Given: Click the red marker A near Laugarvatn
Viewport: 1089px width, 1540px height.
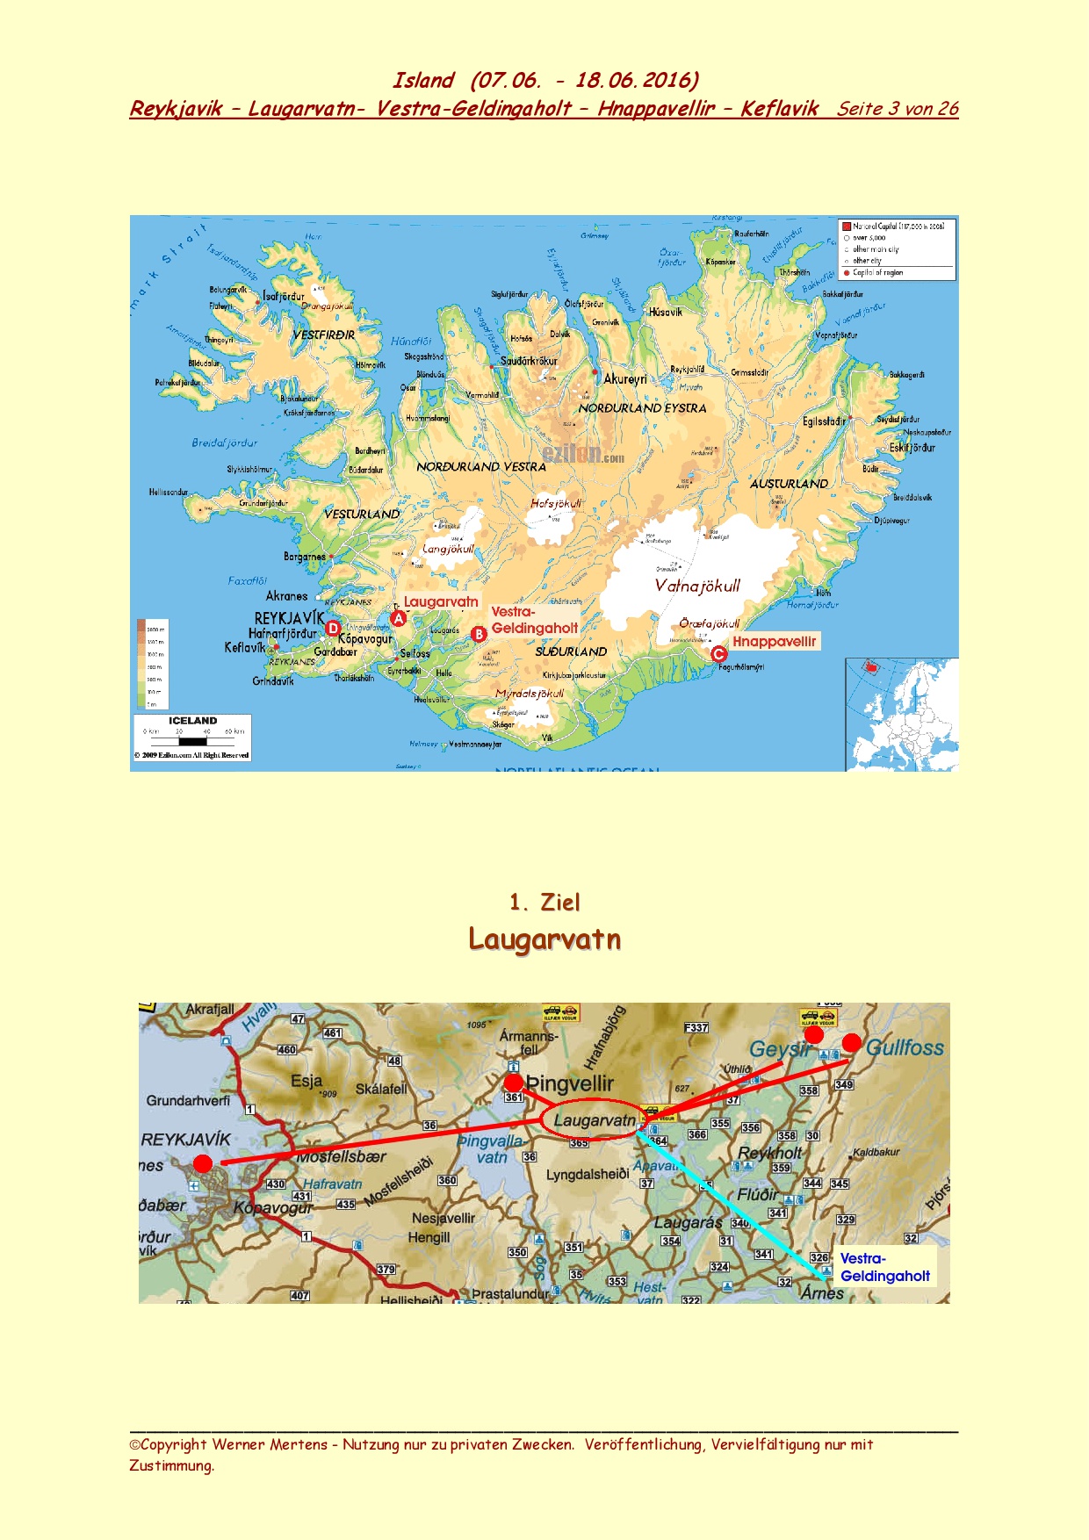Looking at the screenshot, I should pyautogui.click(x=399, y=618).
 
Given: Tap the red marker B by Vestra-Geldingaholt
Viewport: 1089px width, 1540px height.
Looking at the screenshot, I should pyautogui.click(x=479, y=634).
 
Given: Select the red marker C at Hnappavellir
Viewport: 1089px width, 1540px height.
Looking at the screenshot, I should pyautogui.click(x=719, y=653).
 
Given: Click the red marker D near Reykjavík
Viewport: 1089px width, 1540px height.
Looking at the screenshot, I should pyautogui.click(x=333, y=628).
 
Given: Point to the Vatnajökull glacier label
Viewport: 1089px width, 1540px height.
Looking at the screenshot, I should pyautogui.click(x=697, y=586).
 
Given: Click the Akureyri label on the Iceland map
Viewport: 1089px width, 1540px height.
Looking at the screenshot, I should pyautogui.click(x=625, y=379).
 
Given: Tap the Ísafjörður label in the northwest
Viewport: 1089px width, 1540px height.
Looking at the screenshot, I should pyautogui.click(x=284, y=297).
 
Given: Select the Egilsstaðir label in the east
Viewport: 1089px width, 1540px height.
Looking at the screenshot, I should pyautogui.click(x=825, y=421).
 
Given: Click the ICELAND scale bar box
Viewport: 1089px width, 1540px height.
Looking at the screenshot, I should pyautogui.click(x=192, y=737).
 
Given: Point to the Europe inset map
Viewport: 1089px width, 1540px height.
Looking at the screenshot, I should pyautogui.click(x=902, y=715).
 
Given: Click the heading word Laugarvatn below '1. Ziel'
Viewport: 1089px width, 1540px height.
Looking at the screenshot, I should pyautogui.click(x=544, y=939).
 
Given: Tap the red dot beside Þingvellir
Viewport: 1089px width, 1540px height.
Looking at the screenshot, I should pyautogui.click(x=514, y=1083).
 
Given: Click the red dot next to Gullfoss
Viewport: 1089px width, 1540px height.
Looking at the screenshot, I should pyautogui.click(x=852, y=1042).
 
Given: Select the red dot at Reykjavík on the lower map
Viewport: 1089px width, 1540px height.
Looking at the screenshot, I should pyautogui.click(x=203, y=1163).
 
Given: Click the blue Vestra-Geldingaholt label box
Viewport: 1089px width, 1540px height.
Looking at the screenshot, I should pyautogui.click(x=884, y=1267).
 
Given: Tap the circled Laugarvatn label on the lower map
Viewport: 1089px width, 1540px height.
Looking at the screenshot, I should pyautogui.click(x=594, y=1120).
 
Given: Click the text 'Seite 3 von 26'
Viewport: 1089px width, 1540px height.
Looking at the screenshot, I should pyautogui.click(x=897, y=109).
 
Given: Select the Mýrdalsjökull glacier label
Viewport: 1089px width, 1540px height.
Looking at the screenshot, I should pyautogui.click(x=530, y=694).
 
